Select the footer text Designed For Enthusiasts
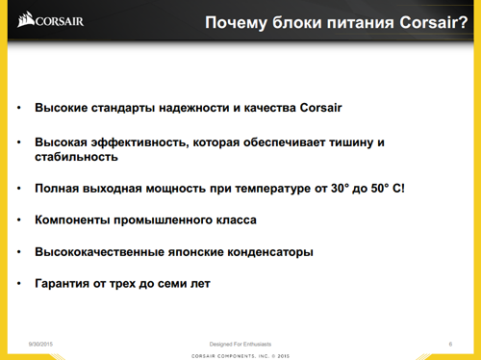(240, 343)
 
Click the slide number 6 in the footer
(450, 343)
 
